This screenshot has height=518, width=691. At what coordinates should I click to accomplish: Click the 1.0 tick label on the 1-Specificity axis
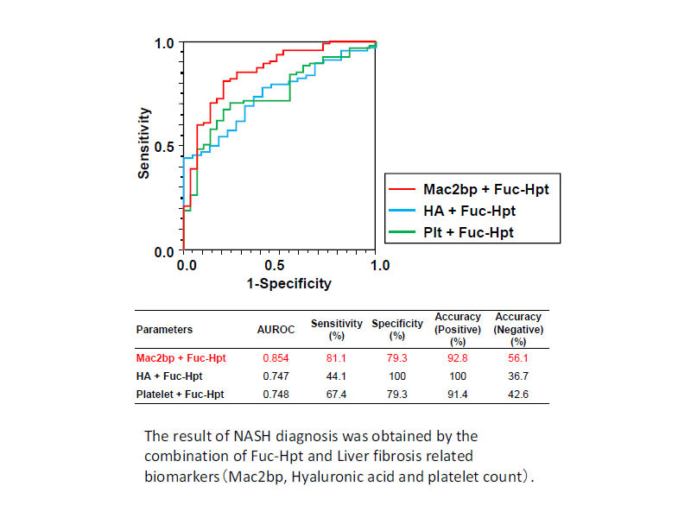[380, 265]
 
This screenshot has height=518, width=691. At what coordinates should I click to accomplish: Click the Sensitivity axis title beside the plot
[144, 143]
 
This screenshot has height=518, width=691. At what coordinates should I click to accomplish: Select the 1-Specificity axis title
[289, 284]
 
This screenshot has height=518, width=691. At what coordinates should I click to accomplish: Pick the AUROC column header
[276, 330]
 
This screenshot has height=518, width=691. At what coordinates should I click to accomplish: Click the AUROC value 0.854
[276, 358]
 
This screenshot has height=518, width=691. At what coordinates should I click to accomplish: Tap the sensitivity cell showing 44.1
[336, 376]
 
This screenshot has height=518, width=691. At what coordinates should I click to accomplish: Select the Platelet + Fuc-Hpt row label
[180, 395]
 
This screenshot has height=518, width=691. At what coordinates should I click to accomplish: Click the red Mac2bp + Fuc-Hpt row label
[181, 358]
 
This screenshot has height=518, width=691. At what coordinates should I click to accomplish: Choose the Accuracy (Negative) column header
[518, 329]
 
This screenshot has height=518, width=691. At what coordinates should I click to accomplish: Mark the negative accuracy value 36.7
[518, 376]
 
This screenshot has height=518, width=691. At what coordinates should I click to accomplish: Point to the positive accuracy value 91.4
[458, 395]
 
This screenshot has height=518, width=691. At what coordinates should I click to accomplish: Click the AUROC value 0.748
[276, 395]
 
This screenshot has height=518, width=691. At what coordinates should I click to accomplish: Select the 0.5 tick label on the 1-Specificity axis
[274, 265]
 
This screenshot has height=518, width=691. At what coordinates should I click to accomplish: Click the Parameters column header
[164, 330]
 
